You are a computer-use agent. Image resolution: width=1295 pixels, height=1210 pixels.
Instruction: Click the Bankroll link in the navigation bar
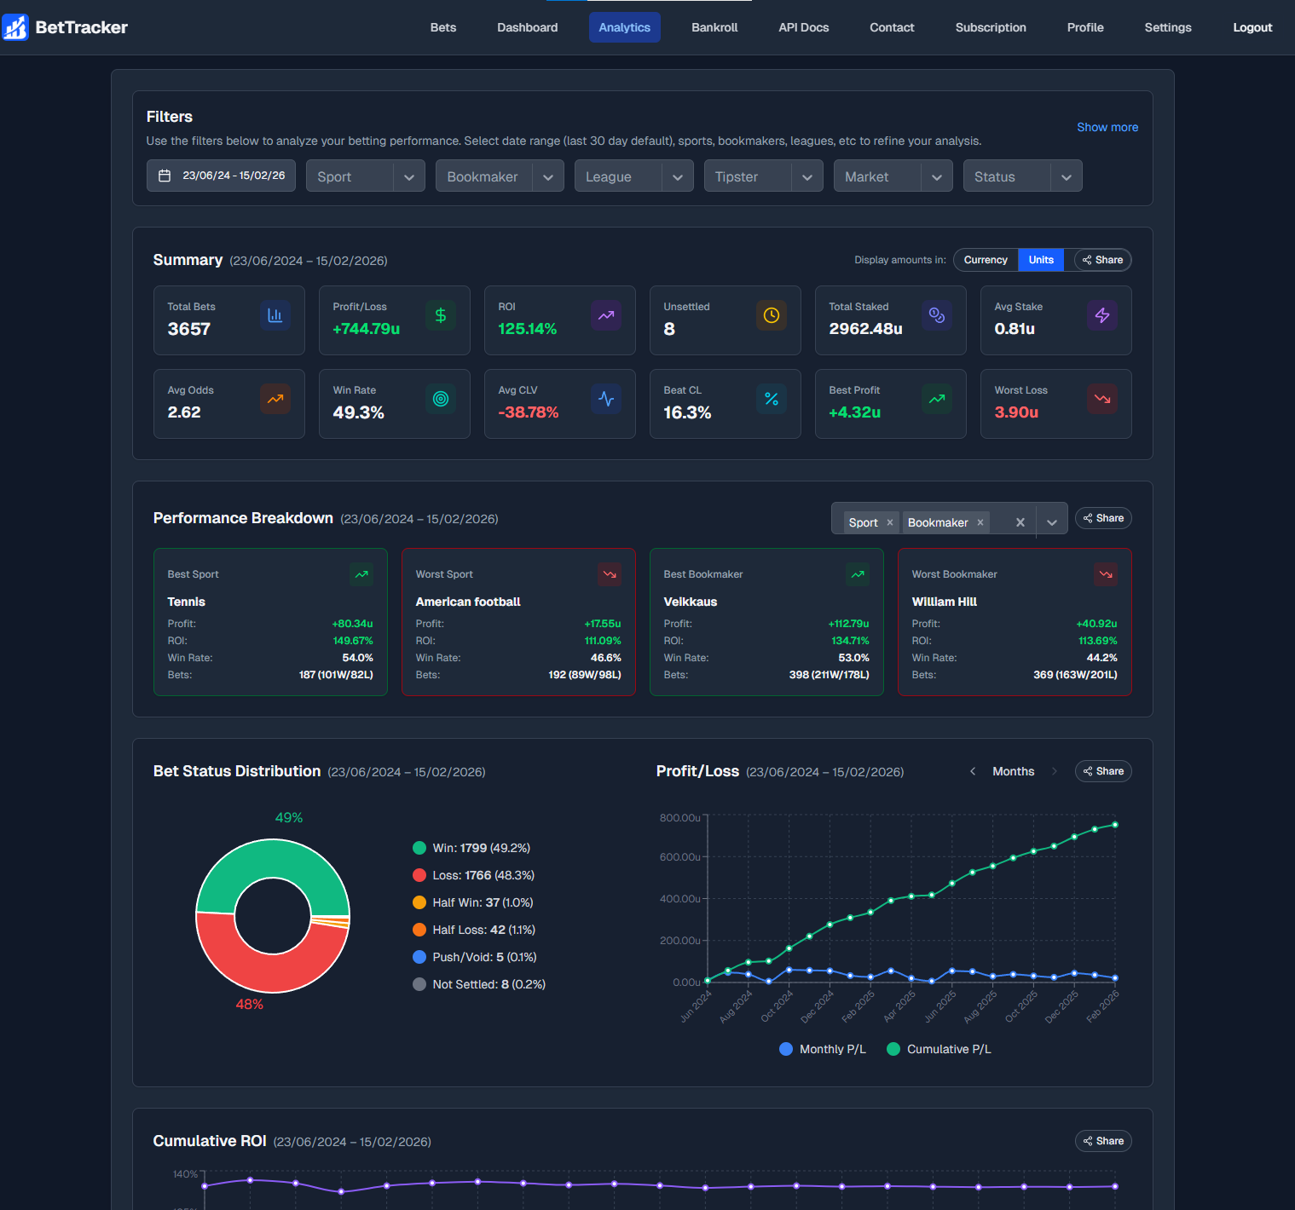point(714,27)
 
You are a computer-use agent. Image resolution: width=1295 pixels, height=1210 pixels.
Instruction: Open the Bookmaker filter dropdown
point(499,176)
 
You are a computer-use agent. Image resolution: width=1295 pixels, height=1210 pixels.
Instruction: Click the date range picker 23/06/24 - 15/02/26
point(222,176)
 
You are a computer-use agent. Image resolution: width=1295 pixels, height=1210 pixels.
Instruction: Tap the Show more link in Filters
point(1107,127)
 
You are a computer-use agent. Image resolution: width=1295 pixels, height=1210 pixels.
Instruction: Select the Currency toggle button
point(985,260)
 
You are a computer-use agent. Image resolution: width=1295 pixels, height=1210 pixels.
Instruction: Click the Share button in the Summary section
point(1102,260)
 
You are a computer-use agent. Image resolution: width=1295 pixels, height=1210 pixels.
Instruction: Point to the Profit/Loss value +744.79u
point(366,329)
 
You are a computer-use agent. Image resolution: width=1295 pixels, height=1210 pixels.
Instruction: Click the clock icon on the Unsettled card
point(771,315)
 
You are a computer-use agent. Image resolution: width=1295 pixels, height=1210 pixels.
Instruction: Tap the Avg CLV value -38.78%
point(528,412)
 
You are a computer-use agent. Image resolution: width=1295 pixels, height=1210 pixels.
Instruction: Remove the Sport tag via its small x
point(890,522)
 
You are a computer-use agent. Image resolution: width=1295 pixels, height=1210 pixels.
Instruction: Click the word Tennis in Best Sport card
point(186,602)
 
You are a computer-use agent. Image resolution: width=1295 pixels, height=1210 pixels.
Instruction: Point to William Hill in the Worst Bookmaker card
point(944,602)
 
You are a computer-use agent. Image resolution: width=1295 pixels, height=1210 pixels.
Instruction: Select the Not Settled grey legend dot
point(419,984)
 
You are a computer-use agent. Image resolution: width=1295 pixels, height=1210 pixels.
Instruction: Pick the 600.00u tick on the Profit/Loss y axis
point(679,857)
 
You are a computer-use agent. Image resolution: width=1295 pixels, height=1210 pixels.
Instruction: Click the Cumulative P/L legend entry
point(939,1049)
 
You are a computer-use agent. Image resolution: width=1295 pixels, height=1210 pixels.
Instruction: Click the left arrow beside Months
point(973,771)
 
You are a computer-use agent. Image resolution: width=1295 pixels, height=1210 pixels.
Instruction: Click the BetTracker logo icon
point(15,27)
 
